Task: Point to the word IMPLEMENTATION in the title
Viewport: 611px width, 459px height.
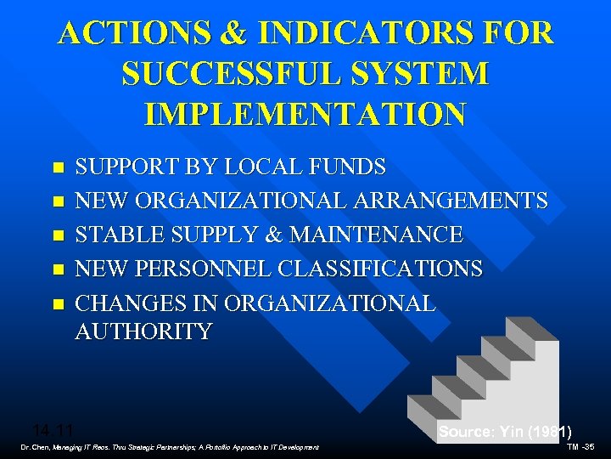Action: [305, 113]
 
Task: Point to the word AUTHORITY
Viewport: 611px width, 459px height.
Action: [143, 331]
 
